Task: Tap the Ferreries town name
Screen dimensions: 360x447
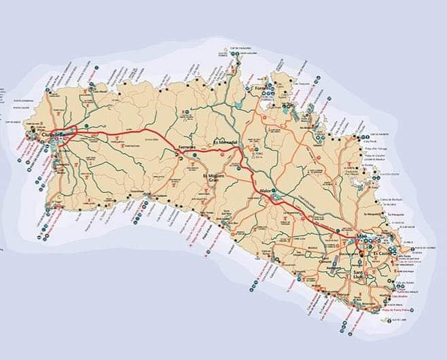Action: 187,147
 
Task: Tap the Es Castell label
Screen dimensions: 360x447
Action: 382,253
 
